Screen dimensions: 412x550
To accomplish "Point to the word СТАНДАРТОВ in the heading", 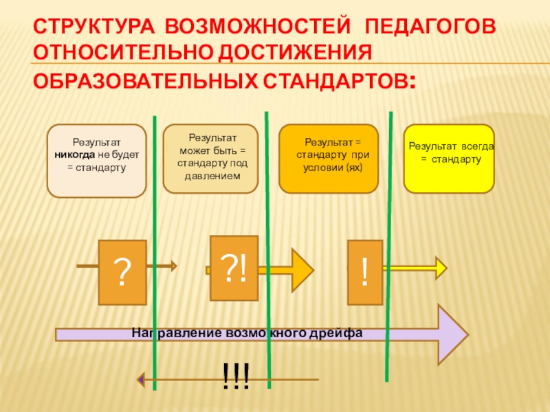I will click(335, 81).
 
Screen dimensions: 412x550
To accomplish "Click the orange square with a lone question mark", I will click(122, 273).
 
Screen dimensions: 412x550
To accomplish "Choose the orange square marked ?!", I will click(234, 268).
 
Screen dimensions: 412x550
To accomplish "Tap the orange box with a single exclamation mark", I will click(364, 273).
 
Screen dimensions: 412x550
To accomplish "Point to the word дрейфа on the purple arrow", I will click(335, 333).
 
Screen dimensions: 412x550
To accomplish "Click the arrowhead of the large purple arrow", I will click(454, 334).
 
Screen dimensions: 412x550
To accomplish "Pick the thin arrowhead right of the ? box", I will click(173, 265).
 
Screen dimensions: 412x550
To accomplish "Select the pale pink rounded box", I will click(96, 160).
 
